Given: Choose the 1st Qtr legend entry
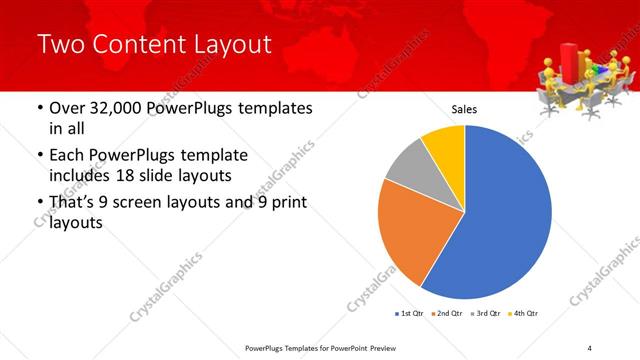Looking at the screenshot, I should point(410,313).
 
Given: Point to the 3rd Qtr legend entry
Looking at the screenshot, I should point(484,313).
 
